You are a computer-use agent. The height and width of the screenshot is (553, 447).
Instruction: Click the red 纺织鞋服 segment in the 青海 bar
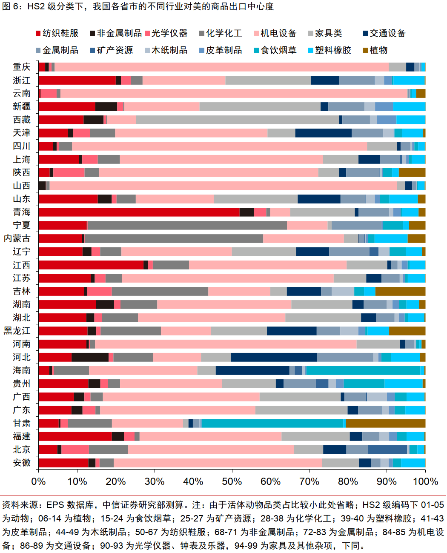click(139, 212)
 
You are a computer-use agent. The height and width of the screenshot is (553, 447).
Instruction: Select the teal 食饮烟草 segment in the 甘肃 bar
click(272, 423)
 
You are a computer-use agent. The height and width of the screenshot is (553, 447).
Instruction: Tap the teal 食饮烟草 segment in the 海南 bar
click(363, 370)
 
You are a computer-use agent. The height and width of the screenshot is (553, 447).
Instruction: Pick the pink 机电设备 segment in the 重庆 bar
click(222, 67)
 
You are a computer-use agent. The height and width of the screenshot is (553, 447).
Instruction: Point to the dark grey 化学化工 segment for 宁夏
click(187, 225)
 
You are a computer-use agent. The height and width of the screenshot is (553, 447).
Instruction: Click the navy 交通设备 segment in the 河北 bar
click(274, 357)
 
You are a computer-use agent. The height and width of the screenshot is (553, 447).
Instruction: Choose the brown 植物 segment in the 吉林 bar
click(400, 291)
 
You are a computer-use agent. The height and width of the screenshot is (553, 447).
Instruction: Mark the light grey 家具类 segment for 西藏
click(238, 120)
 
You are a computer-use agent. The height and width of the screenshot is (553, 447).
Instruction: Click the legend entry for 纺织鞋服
click(57, 33)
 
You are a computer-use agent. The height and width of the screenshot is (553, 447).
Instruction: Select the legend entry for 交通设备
click(384, 33)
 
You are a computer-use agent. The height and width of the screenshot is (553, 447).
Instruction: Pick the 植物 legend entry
click(375, 50)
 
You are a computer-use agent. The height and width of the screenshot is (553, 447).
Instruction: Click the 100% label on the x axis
click(425, 481)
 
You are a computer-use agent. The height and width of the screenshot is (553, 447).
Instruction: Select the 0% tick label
click(38, 481)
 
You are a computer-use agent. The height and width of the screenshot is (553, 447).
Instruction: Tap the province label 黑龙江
click(17, 331)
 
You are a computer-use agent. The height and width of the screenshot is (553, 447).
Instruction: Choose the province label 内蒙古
click(17, 238)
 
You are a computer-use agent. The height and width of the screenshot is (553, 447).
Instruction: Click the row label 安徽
click(22, 463)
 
